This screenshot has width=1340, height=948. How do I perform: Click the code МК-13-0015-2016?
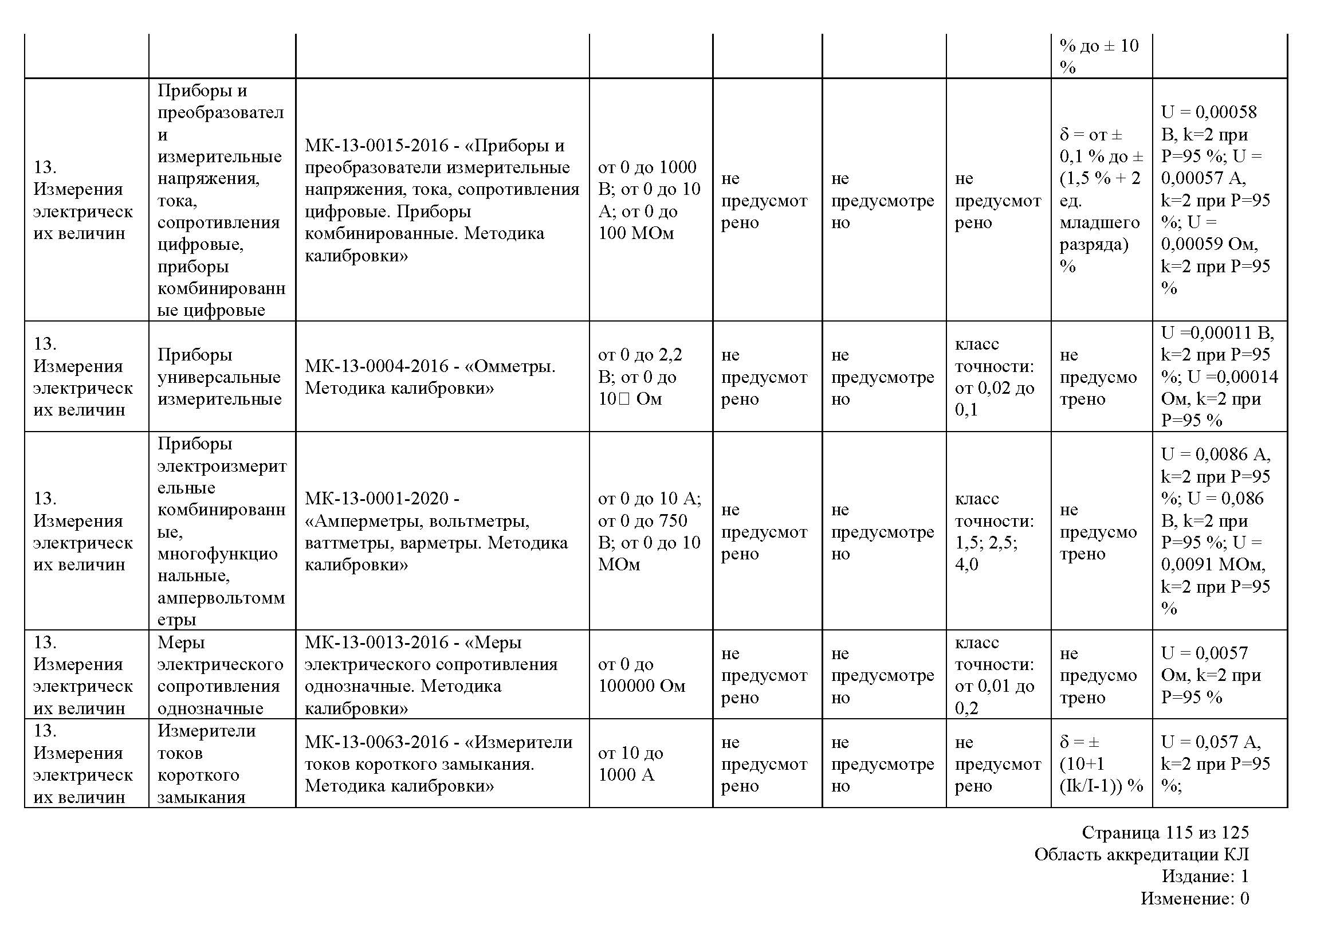pos(376,146)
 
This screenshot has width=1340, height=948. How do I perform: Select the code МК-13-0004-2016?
pos(376,366)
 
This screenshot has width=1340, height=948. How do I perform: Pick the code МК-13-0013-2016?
pos(376,642)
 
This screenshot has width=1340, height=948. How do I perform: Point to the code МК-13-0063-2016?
pos(376,742)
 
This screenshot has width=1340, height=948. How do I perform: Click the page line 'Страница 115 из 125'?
pos(1165,832)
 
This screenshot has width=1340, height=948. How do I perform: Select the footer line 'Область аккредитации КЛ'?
pos(1142,854)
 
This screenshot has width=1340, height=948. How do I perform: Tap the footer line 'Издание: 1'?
pos(1205,876)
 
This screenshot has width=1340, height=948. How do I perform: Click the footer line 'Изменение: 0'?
pos(1194,898)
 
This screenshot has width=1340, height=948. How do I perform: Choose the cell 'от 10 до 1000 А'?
pos(630,763)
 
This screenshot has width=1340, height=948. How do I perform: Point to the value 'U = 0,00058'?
pos(1209,112)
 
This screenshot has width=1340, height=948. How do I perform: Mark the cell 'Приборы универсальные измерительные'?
pos(219,377)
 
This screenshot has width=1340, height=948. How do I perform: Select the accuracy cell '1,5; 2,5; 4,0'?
pos(987,554)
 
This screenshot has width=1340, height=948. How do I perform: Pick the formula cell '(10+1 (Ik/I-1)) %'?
pos(1101,775)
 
